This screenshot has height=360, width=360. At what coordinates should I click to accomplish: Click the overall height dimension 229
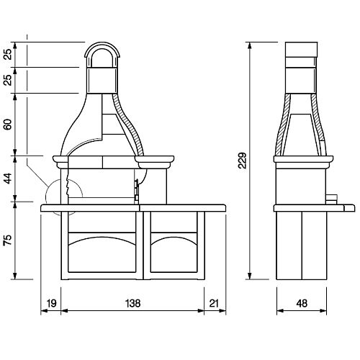click(243, 161)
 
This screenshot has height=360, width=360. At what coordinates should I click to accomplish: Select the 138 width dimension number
click(132, 303)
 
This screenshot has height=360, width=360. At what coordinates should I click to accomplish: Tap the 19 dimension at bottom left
click(51, 303)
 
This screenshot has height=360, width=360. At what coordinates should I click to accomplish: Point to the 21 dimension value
click(214, 303)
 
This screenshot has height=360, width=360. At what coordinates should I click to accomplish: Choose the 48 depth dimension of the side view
click(302, 303)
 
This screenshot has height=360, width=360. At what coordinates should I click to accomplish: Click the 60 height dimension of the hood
click(8, 125)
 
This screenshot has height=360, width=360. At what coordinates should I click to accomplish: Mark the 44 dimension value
click(8, 179)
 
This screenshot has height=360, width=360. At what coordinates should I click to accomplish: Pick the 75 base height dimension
click(8, 240)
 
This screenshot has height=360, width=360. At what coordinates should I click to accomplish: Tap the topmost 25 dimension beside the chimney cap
click(8, 54)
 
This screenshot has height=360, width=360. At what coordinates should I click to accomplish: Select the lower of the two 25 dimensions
click(8, 80)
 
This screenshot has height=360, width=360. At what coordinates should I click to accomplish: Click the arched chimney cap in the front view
click(102, 44)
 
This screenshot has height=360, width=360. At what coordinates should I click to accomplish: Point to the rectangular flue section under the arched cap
click(102, 80)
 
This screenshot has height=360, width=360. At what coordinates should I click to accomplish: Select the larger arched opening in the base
click(102, 237)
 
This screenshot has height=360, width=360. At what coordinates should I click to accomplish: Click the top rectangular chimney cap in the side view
click(301, 50)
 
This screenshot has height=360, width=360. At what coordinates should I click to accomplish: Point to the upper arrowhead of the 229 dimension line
click(250, 46)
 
